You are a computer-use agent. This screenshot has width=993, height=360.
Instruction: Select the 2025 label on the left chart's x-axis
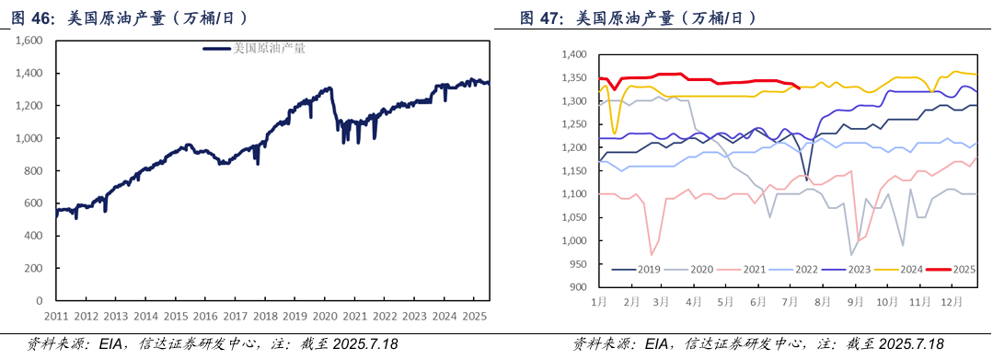[x=475, y=316]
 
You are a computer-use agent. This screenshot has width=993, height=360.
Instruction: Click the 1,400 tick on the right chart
[x=572, y=55]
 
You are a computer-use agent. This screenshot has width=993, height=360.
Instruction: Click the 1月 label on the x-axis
[x=599, y=301]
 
